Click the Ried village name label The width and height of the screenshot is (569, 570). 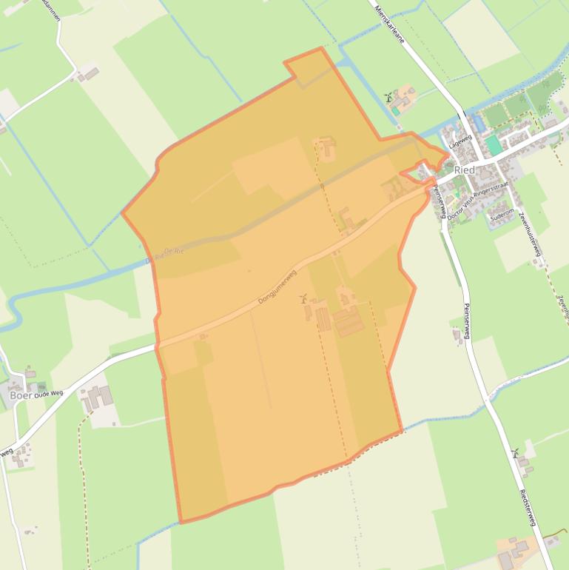click(464, 170)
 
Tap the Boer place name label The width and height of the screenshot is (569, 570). click(20, 395)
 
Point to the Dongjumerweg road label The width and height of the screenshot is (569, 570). click(277, 287)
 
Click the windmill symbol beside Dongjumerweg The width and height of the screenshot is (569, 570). click(303, 299)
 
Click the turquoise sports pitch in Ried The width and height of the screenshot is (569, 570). click(493, 145)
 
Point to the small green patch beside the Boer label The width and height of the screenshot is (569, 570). click(41, 387)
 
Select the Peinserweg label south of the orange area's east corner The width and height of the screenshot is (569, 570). click(465, 326)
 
